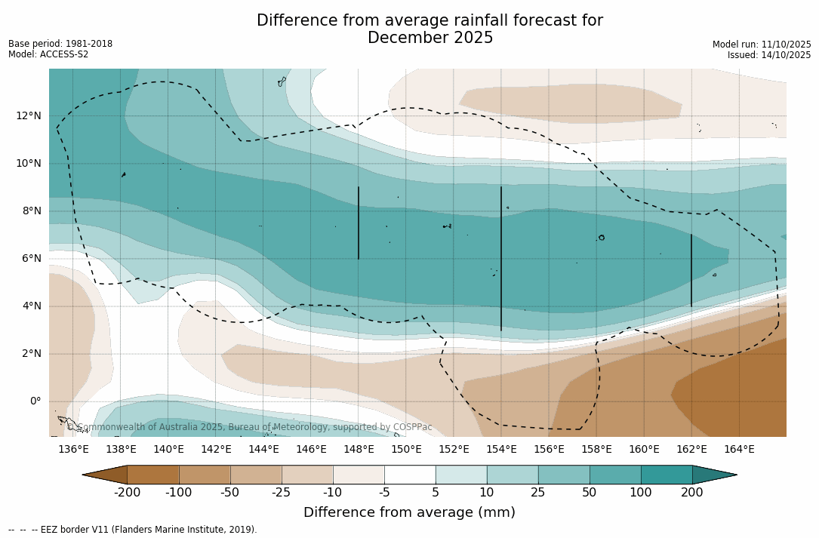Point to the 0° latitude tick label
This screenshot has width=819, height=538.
click(x=35, y=401)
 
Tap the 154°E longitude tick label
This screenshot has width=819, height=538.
click(x=501, y=450)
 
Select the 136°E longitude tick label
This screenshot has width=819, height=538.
click(x=73, y=450)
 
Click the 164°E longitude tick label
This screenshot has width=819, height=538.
click(x=739, y=450)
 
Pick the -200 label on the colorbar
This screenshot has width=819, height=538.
click(x=128, y=493)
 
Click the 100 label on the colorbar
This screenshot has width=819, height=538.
click(x=641, y=493)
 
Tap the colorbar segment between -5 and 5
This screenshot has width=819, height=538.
click(x=410, y=475)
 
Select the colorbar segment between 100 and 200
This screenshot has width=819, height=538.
click(x=667, y=475)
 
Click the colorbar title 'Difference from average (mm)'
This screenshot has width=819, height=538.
click(x=409, y=513)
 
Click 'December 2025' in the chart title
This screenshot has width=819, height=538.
click(x=430, y=38)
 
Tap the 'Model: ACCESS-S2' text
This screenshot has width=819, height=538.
click(x=48, y=54)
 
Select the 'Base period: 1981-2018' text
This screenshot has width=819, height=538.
click(x=60, y=44)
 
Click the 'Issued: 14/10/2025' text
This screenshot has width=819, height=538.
click(x=769, y=55)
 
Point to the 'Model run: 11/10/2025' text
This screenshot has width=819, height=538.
click(x=762, y=45)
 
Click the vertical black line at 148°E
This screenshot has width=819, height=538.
click(x=359, y=223)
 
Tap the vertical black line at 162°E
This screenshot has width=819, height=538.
click(x=691, y=270)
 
